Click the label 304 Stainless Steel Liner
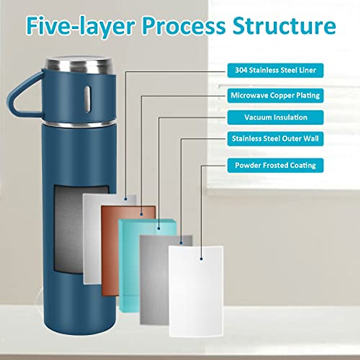[x=275, y=70]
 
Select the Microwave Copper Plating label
[x=275, y=96]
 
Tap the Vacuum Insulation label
[x=275, y=117]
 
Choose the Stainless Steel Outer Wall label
[x=275, y=139]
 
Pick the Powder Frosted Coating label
[x=275, y=165]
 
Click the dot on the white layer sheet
[x=201, y=258]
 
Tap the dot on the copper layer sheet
[x=141, y=214]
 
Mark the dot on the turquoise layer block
[x=159, y=229]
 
